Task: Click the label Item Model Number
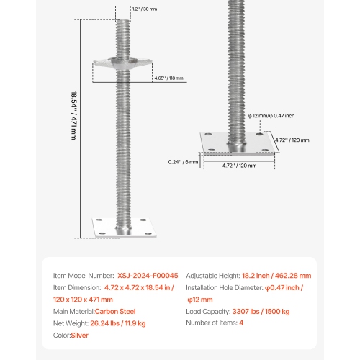84,276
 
